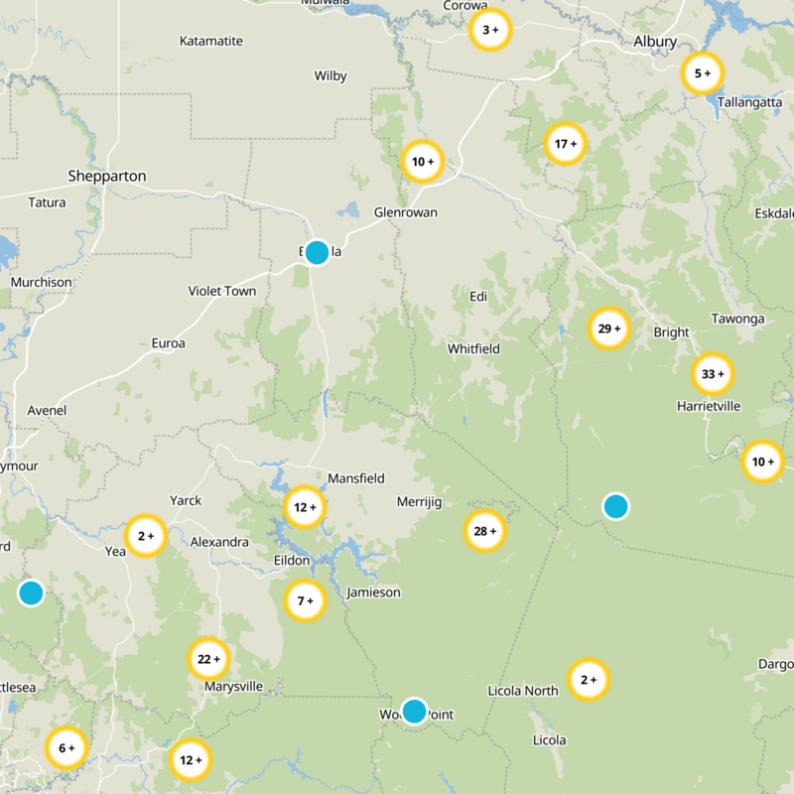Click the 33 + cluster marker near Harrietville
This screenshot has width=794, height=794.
pyautogui.click(x=713, y=374)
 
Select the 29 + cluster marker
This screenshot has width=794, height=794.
pyautogui.click(x=608, y=329)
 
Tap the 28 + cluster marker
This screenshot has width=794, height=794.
pyautogui.click(x=484, y=531)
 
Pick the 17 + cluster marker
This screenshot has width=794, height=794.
pyautogui.click(x=566, y=144)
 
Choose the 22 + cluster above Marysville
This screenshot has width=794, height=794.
pyautogui.click(x=208, y=658)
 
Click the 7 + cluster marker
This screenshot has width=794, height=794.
pyautogui.click(x=305, y=600)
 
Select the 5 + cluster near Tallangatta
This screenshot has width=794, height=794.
pyautogui.click(x=703, y=73)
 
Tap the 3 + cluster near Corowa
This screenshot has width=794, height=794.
pyautogui.click(x=490, y=30)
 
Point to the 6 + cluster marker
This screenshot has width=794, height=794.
pyautogui.click(x=66, y=747)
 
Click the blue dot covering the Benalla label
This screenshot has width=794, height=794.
pyautogui.click(x=317, y=252)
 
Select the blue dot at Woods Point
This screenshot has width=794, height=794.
pyautogui.click(x=414, y=711)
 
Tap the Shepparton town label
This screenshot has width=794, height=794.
pyautogui.click(x=107, y=176)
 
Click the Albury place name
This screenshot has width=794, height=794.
pyautogui.click(x=655, y=42)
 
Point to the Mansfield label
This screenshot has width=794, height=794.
pyautogui.click(x=356, y=477)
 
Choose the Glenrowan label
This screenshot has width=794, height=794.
pyautogui.click(x=405, y=212)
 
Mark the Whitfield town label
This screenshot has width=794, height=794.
pyautogui.click(x=473, y=348)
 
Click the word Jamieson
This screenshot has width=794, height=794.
pyautogui.click(x=373, y=593)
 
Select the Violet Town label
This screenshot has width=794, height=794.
pyautogui.click(x=222, y=291)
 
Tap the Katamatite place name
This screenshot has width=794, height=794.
pyautogui.click(x=210, y=41)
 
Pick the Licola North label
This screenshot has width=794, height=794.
pyautogui.click(x=523, y=691)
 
